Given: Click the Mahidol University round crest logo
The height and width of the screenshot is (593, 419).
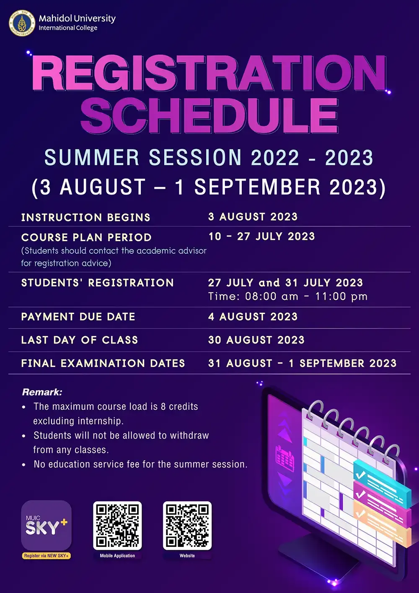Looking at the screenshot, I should click(22, 23).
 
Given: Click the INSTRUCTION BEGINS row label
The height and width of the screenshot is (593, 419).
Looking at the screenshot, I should click(85, 217).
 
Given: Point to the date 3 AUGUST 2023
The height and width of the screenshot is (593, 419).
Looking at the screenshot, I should click(253, 217).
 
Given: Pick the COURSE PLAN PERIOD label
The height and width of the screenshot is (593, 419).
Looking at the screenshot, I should click(86, 237).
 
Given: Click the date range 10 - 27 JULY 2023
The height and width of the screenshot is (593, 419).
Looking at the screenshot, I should click(261, 237).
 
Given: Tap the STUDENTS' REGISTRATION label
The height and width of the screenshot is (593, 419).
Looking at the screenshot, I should click(97, 283).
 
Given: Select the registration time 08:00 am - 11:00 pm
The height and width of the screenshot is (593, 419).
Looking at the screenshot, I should click(288, 296).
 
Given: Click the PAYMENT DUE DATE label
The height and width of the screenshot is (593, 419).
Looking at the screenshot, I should click(78, 317).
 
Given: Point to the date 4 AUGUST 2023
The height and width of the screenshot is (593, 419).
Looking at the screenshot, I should click(253, 317).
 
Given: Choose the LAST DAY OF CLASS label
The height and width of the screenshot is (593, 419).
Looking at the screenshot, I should click(79, 340).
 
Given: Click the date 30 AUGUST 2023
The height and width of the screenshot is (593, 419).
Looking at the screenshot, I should click(256, 340).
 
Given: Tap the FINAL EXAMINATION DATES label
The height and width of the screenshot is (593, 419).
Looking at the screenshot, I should click(103, 363).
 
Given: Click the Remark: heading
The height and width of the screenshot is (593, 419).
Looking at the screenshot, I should click(42, 392).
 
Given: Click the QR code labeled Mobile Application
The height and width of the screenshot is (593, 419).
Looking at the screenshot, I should click(117, 525).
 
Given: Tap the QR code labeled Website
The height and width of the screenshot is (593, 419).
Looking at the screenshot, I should click(187, 525).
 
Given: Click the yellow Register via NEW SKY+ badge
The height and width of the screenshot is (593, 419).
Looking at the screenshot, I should click(46, 556).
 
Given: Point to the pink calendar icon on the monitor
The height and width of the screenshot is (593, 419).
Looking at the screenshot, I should click(285, 458).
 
